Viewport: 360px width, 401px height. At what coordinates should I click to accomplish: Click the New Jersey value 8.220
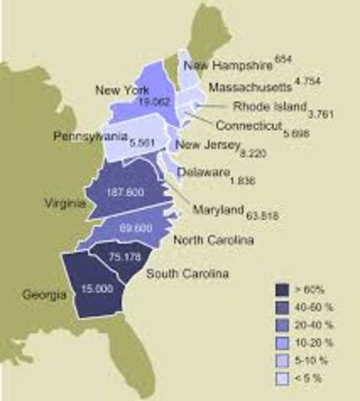(x=261, y=155)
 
